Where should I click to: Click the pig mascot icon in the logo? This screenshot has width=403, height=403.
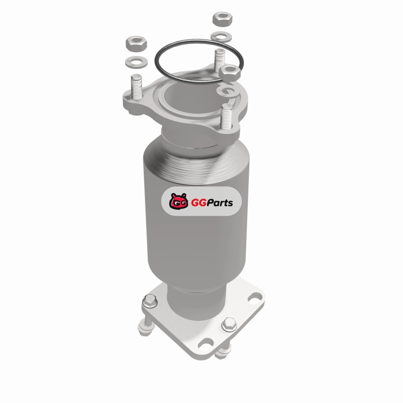click(x=178, y=201)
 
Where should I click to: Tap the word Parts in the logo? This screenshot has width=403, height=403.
click(x=220, y=203)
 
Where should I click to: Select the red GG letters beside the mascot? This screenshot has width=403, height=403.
click(x=198, y=203)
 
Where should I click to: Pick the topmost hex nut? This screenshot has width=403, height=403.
click(x=223, y=19)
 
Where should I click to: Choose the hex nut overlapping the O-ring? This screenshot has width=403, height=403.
click(x=230, y=72)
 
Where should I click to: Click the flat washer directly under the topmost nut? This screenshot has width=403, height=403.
click(x=221, y=36)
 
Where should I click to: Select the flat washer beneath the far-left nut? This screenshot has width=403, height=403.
click(x=136, y=62)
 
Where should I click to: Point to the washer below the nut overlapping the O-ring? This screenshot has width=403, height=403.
click(x=228, y=91)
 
